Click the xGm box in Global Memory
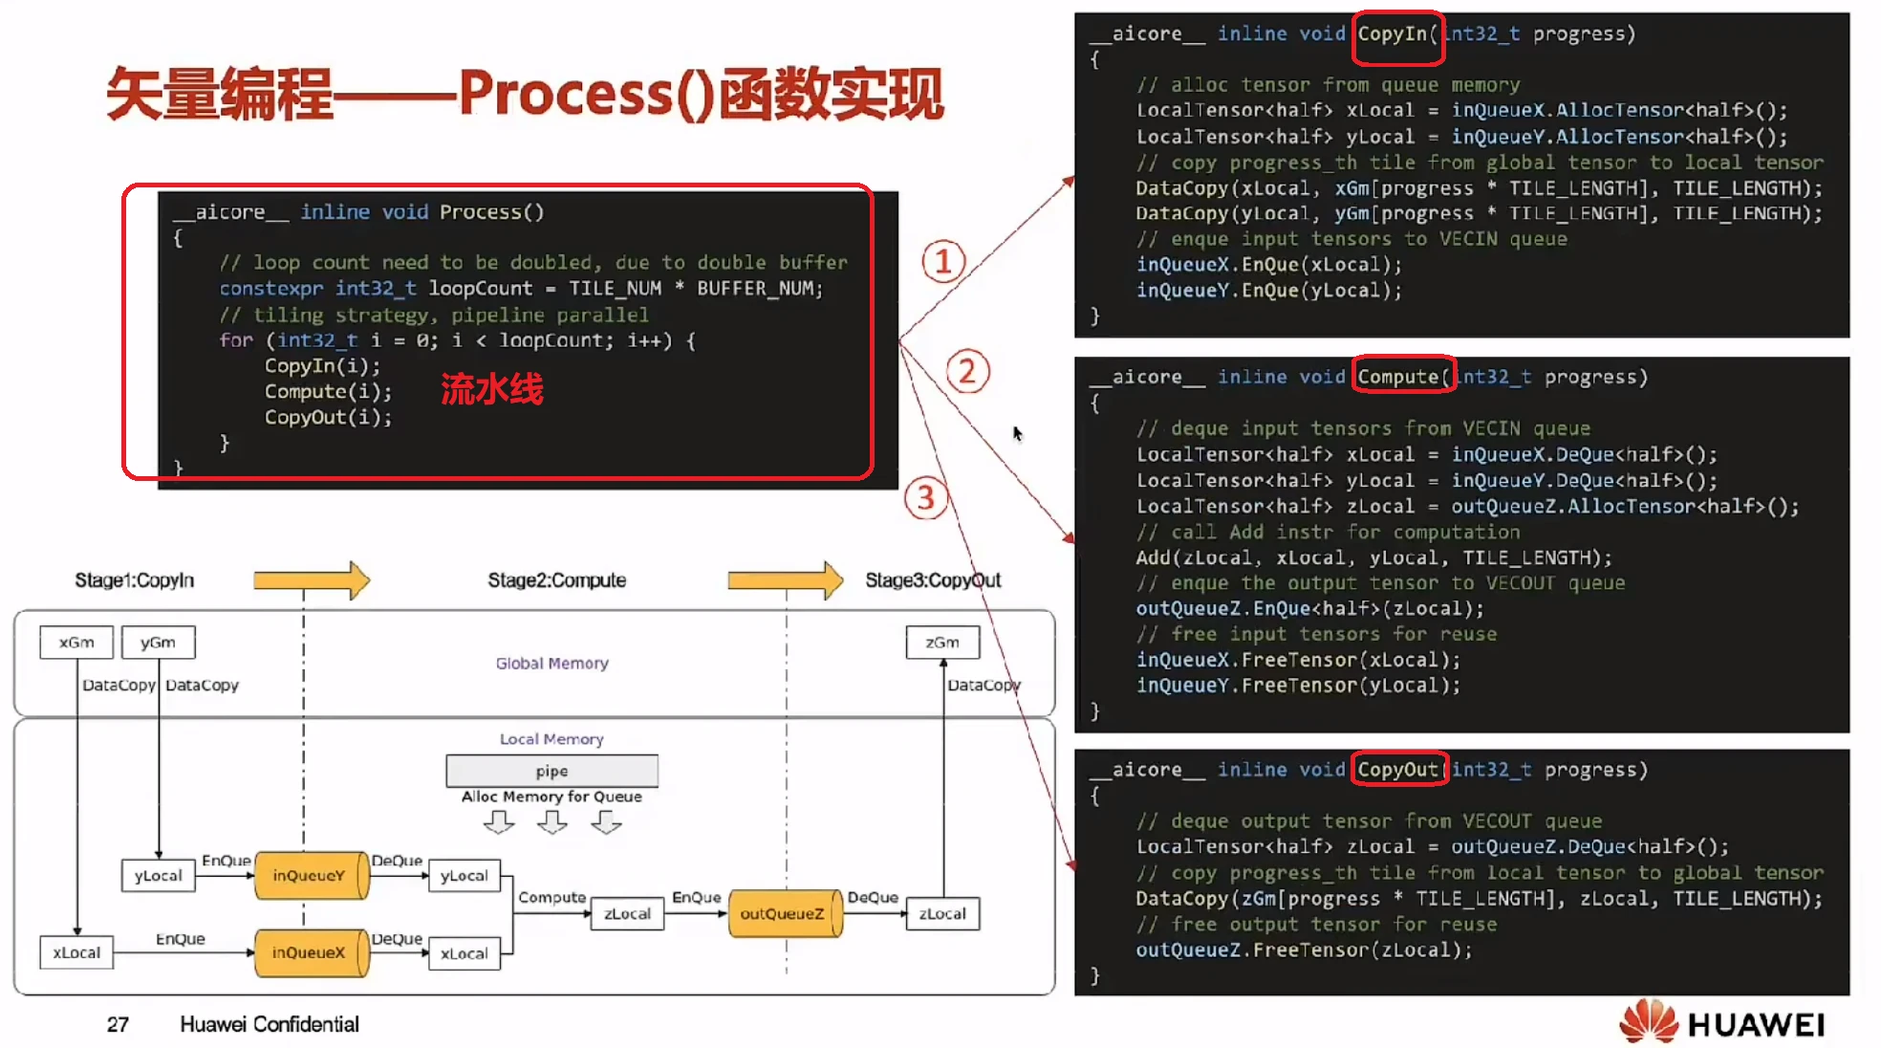(76, 643)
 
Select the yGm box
(158, 643)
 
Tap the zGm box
(942, 643)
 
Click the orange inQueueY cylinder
(311, 875)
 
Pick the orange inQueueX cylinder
(311, 952)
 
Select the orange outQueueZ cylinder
(784, 913)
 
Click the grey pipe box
(551, 771)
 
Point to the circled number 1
(943, 261)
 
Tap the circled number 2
(967, 371)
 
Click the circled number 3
(925, 498)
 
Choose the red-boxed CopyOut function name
(1398, 770)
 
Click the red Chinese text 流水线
(491, 389)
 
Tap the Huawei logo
(1722, 1022)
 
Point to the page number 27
(118, 1025)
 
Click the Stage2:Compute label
(556, 580)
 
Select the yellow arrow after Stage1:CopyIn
(312, 579)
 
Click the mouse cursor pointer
(1018, 434)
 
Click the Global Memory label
(551, 664)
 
